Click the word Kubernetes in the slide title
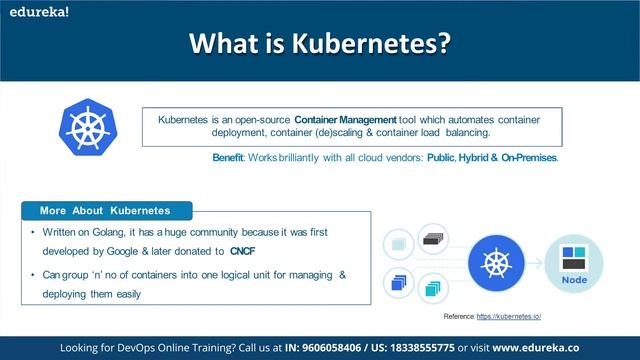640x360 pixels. click(381, 44)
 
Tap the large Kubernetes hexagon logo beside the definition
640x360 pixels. click(89, 133)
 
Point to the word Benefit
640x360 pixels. click(234, 158)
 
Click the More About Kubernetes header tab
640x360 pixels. click(105, 211)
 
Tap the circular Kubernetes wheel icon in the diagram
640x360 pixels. click(497, 264)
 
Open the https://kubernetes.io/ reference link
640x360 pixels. click(509, 316)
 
